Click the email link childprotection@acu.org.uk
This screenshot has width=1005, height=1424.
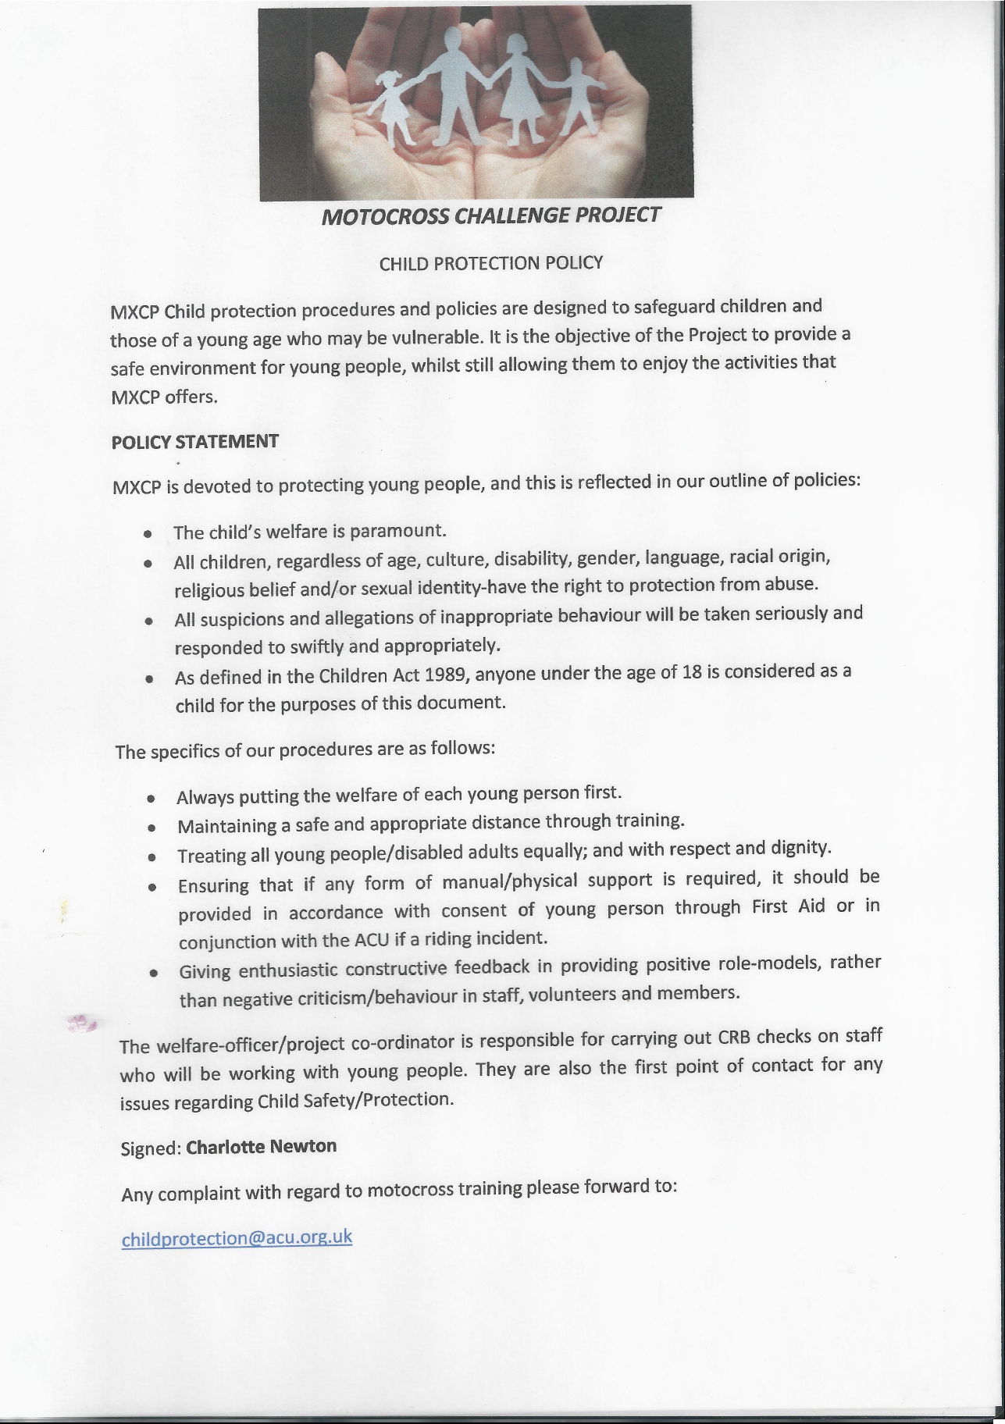click(x=237, y=1239)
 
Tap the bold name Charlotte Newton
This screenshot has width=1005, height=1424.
click(x=262, y=1147)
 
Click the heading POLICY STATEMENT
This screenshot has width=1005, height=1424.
click(x=195, y=442)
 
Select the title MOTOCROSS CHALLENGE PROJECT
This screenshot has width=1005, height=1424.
click(x=491, y=215)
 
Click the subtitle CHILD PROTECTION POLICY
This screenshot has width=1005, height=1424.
click(x=491, y=263)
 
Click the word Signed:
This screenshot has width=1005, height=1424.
click(x=151, y=1148)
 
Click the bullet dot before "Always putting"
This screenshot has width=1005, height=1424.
click(x=151, y=799)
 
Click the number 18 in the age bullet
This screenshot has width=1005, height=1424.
click(x=692, y=672)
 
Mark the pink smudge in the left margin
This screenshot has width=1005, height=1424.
click(x=80, y=1022)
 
